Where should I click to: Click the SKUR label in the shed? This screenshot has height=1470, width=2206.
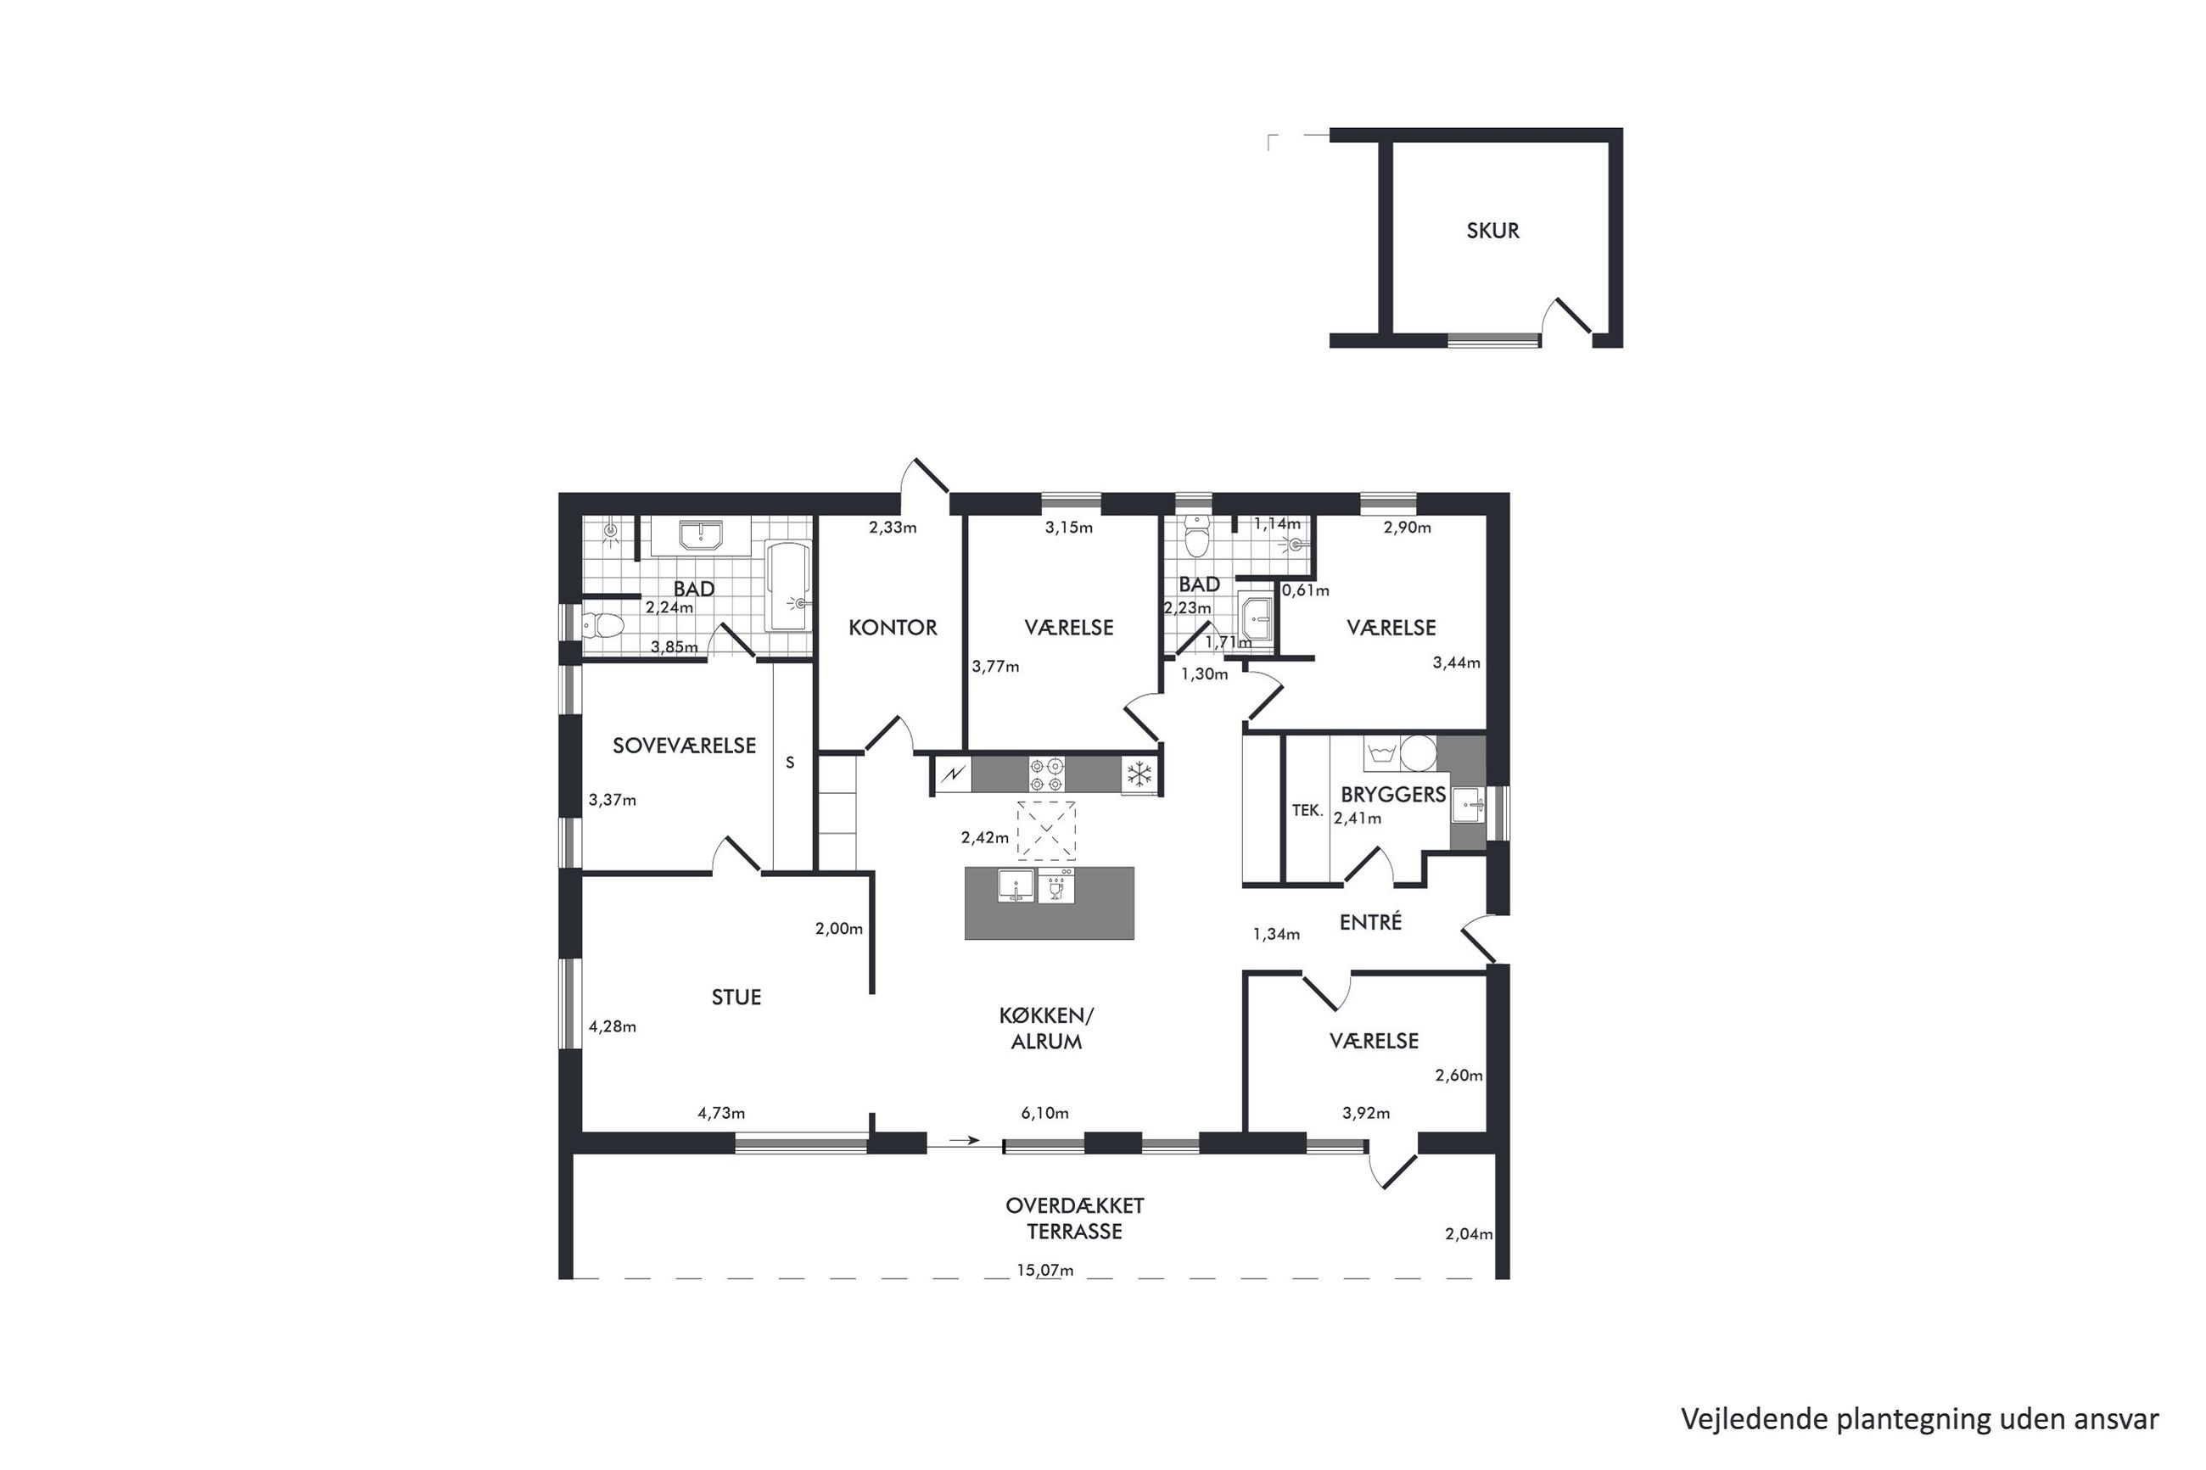(1492, 231)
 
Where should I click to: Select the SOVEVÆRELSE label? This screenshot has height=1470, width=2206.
(685, 746)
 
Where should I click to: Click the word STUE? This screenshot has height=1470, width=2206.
(736, 998)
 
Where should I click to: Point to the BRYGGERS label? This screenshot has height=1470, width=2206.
(1392, 795)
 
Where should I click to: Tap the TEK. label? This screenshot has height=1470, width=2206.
(1307, 811)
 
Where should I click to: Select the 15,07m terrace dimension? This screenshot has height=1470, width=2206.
(1044, 1272)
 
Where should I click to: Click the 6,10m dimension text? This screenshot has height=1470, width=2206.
(1044, 1114)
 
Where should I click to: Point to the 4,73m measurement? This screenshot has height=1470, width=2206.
(721, 1114)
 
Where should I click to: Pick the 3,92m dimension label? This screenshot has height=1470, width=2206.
(1366, 1114)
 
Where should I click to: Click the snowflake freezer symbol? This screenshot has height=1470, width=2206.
(1139, 774)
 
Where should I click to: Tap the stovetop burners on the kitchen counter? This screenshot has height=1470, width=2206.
(1046, 774)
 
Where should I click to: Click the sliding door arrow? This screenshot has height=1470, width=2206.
(965, 1141)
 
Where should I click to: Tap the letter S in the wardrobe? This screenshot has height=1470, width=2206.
(790, 763)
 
